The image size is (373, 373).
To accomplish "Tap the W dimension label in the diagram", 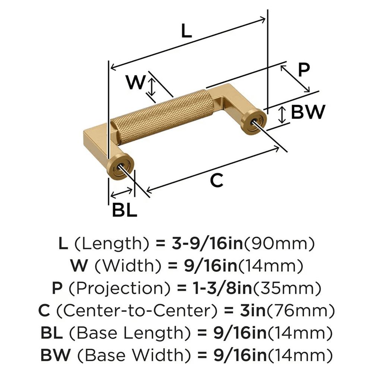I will (x=134, y=82).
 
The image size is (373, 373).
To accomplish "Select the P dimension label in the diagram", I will (x=304, y=69).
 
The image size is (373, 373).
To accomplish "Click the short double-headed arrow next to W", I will (x=151, y=86).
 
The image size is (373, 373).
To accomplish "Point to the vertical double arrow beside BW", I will (x=283, y=115).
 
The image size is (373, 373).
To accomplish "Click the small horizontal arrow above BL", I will (x=121, y=193).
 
